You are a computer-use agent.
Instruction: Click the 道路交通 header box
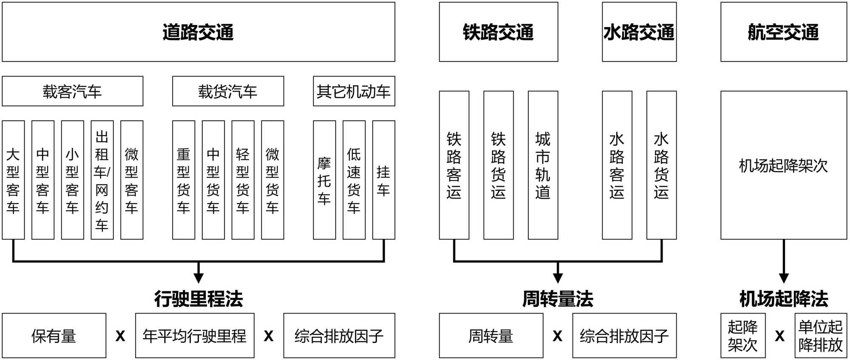click(x=198, y=32)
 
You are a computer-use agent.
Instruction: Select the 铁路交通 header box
click(x=498, y=32)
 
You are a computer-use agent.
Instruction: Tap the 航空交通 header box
click(x=783, y=32)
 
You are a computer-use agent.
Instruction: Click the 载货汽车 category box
click(x=228, y=91)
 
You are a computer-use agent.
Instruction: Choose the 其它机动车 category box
click(x=354, y=91)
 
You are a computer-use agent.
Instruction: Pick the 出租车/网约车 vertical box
click(x=102, y=180)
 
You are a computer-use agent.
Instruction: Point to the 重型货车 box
click(x=184, y=180)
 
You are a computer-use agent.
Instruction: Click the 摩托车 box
click(x=324, y=180)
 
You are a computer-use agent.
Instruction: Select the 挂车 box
click(x=383, y=180)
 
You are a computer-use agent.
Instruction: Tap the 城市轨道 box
click(x=543, y=165)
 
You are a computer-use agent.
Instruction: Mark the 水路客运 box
click(x=617, y=165)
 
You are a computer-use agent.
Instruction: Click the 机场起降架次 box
click(x=783, y=165)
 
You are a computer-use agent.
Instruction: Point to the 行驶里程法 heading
click(x=198, y=299)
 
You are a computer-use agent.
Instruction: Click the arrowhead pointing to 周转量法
click(x=558, y=278)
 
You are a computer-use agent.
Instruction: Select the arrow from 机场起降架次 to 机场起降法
click(x=784, y=260)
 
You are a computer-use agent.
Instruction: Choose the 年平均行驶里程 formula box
click(x=195, y=336)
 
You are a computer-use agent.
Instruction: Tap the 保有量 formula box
click(x=54, y=336)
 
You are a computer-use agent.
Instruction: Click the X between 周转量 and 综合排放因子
click(x=557, y=336)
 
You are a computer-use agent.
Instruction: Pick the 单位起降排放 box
click(x=820, y=336)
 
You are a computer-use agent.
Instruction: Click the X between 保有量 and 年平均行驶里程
click(x=120, y=336)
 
